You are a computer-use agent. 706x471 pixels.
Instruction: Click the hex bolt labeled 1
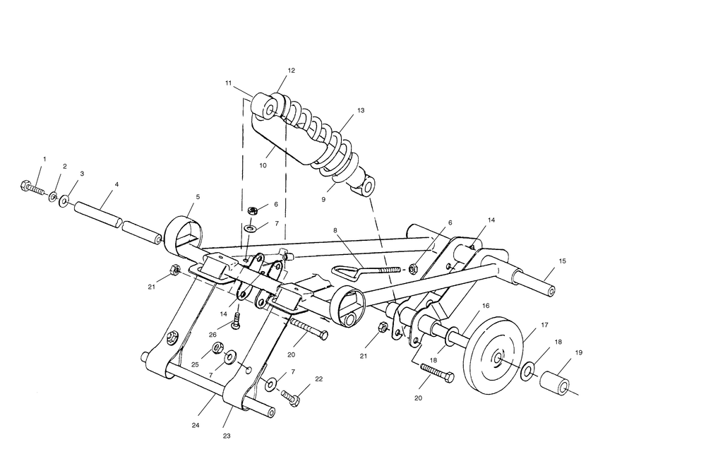pyautogui.click(x=32, y=187)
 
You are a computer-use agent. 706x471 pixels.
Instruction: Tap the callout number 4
pyautogui.click(x=116, y=184)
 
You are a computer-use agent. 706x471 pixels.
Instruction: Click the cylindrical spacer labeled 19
pyautogui.click(x=554, y=383)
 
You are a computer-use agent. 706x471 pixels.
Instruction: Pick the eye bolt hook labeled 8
pyautogui.click(x=366, y=270)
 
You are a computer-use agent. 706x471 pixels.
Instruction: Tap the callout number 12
pyautogui.click(x=292, y=70)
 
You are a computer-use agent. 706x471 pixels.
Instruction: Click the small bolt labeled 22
pyautogui.click(x=290, y=398)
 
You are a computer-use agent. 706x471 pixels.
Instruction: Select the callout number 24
pyautogui.click(x=196, y=425)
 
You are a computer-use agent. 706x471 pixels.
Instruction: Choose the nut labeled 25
pyautogui.click(x=218, y=347)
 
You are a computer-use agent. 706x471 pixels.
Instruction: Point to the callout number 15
pyautogui.click(x=562, y=261)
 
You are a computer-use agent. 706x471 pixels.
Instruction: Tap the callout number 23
pyautogui.click(x=227, y=436)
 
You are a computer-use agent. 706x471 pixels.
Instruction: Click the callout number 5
pyautogui.click(x=198, y=197)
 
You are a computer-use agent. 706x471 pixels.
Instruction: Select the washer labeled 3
pyautogui.click(x=64, y=200)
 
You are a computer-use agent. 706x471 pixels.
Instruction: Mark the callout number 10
pyautogui.click(x=263, y=165)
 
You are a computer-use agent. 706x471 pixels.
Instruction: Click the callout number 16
pyautogui.click(x=486, y=306)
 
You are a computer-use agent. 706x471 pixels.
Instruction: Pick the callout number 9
pyautogui.click(x=323, y=199)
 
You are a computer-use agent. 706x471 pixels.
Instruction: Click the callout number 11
pyautogui.click(x=229, y=83)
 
